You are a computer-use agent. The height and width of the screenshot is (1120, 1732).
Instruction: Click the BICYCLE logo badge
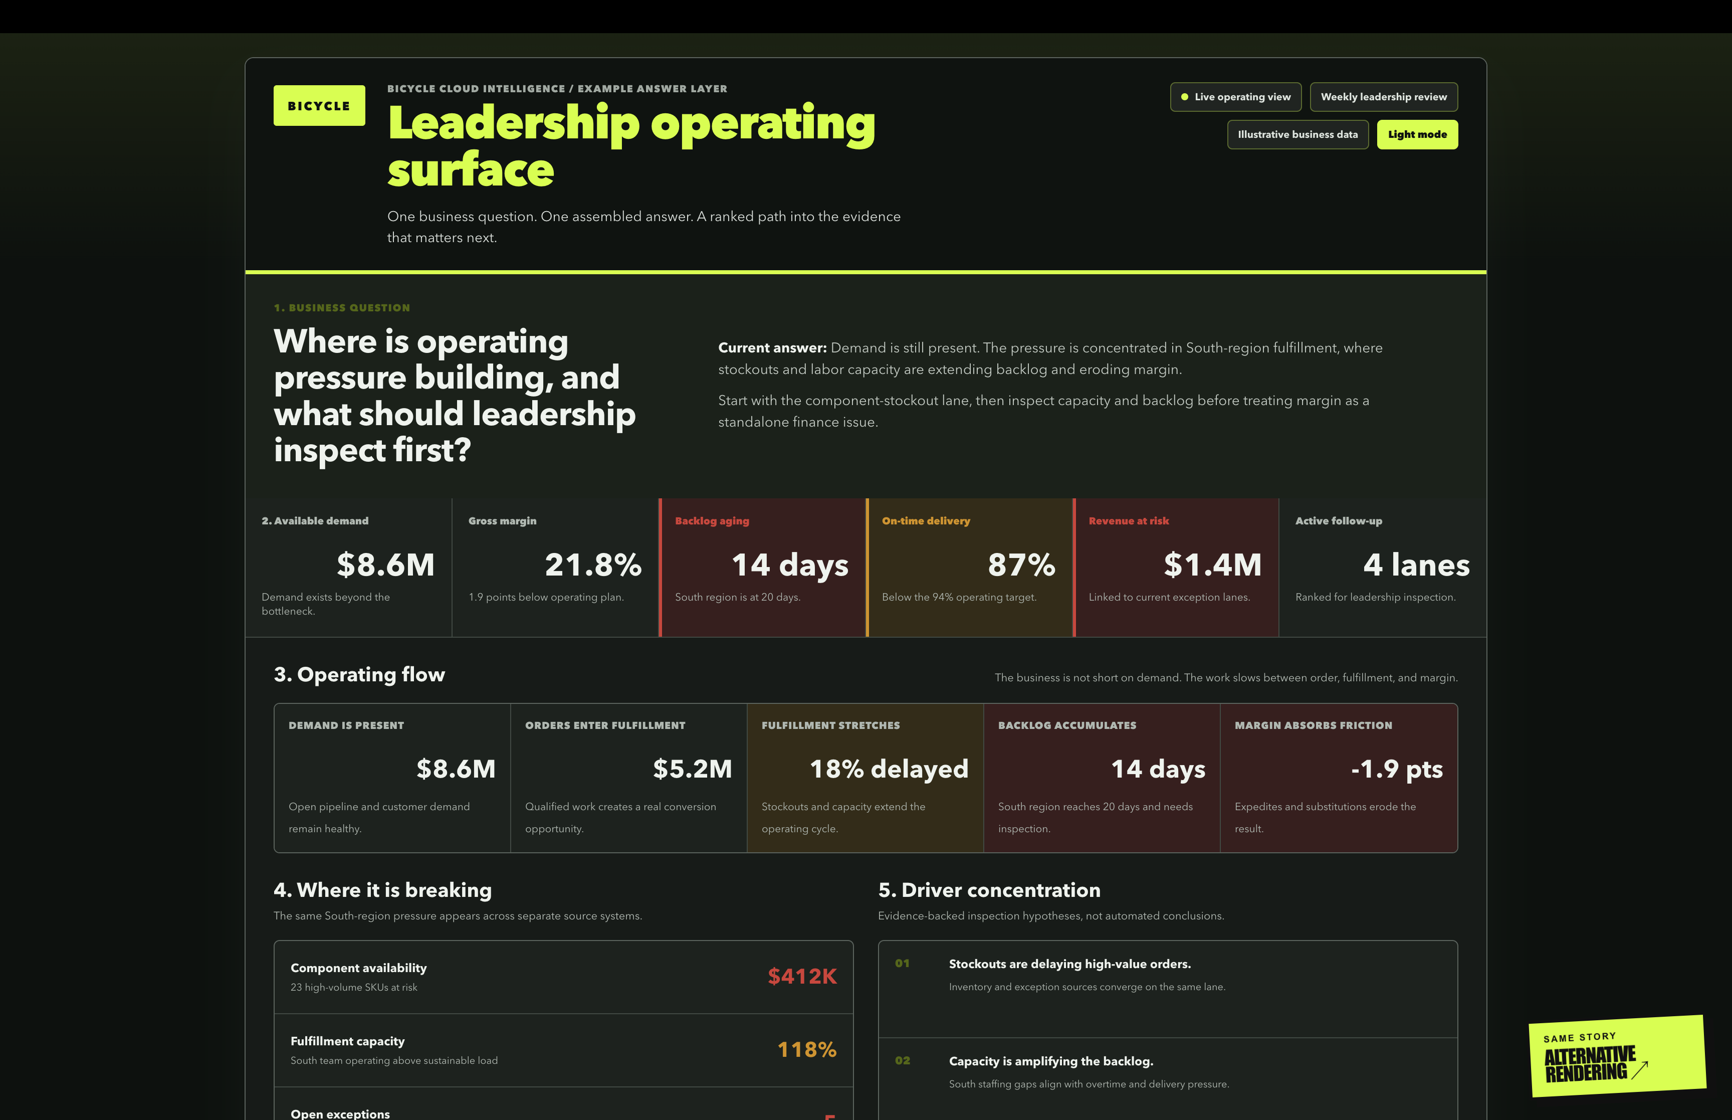[319, 105]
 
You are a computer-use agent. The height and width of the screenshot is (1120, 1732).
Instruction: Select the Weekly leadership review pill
[1383, 97]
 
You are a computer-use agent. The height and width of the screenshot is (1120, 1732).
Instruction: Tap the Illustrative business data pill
[1297, 134]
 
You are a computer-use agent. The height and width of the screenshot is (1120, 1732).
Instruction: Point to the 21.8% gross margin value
[593, 565]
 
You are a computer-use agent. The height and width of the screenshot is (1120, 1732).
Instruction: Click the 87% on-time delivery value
[1021, 565]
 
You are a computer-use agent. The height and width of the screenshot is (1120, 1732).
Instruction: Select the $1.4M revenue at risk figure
[1212, 565]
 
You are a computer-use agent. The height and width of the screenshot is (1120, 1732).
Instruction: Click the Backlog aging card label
[712, 521]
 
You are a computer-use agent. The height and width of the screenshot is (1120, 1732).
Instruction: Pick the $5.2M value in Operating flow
[692, 769]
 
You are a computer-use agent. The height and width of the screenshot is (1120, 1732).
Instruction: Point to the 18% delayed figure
[889, 769]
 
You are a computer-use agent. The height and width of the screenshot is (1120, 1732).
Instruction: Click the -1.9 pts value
[1396, 769]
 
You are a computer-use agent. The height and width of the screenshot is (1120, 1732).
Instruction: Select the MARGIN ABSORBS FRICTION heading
[1314, 725]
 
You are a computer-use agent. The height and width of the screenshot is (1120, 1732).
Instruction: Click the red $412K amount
[802, 976]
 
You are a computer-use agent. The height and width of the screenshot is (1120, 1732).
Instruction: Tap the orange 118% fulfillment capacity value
[807, 1049]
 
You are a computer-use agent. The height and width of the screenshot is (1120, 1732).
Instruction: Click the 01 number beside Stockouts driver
[902, 963]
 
